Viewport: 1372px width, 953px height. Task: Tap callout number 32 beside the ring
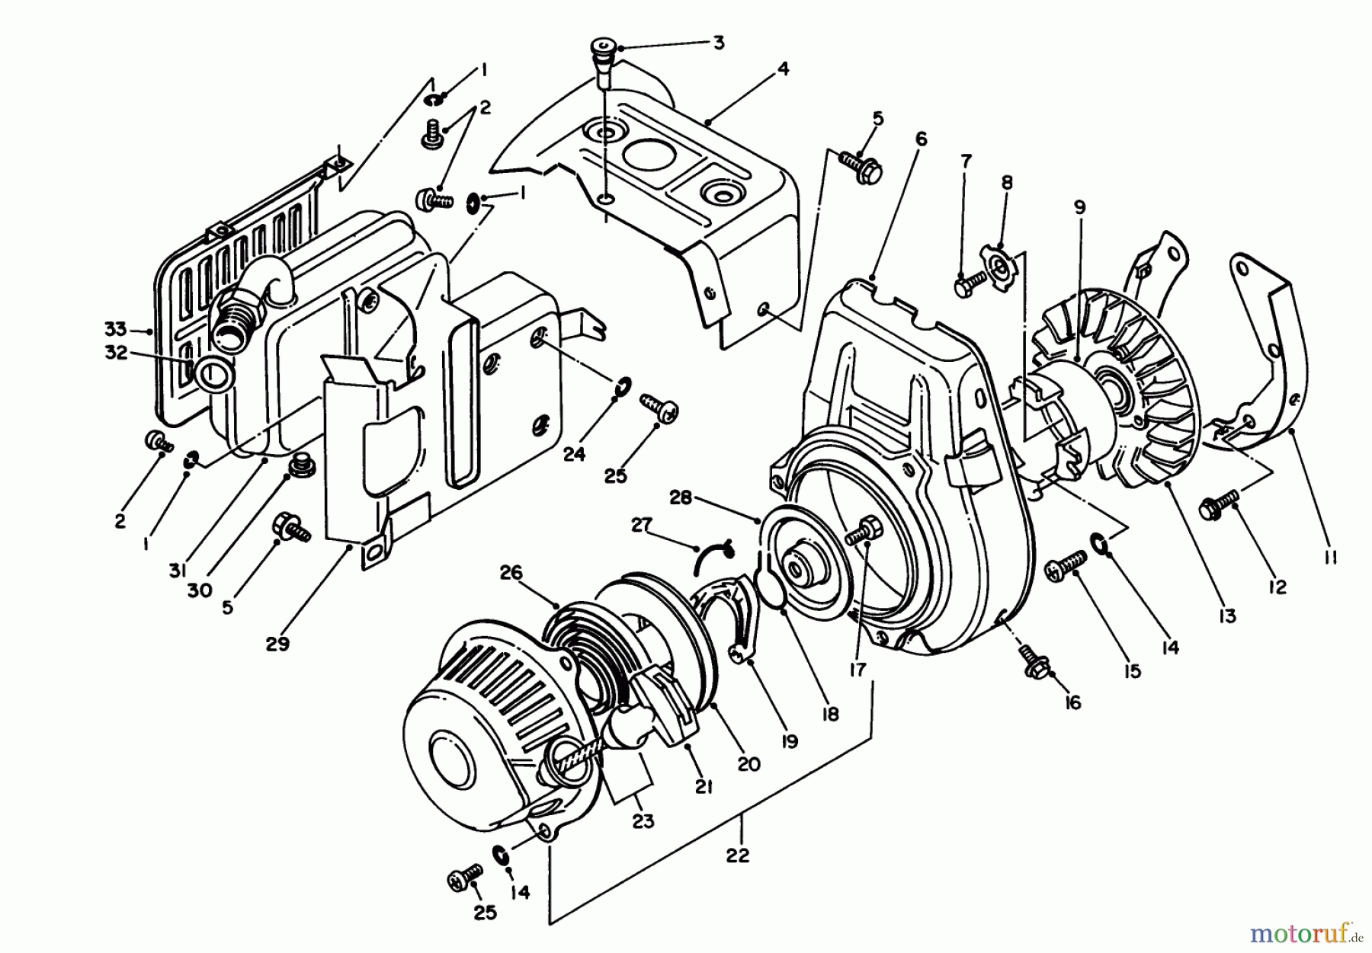[x=116, y=353]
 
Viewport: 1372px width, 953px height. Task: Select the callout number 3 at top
[x=717, y=43]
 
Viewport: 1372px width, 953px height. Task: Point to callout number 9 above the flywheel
[x=1079, y=206]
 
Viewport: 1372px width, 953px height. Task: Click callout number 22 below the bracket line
[x=738, y=855]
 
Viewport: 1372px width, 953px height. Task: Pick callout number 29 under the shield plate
[x=277, y=644]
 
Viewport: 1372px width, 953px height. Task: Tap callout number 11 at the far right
[x=1330, y=557]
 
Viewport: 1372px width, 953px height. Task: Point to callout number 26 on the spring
[x=511, y=571]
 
